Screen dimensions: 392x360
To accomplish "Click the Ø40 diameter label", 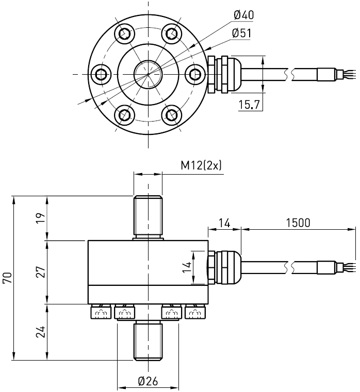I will tap(244, 15).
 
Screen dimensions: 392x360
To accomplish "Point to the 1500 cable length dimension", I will tap(298, 223).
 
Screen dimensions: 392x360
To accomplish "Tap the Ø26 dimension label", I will tap(148, 381).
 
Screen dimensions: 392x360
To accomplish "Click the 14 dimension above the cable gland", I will tap(224, 223).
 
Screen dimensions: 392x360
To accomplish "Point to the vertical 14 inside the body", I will tap(187, 267).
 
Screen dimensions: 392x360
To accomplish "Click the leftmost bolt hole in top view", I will tap(102, 74).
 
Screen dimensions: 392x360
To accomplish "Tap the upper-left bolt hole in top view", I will tap(125, 34).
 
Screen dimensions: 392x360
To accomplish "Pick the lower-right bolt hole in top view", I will tap(171, 114).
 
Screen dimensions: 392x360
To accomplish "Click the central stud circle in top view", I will tap(148, 74).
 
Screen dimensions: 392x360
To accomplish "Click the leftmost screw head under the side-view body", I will tap(100, 312).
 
